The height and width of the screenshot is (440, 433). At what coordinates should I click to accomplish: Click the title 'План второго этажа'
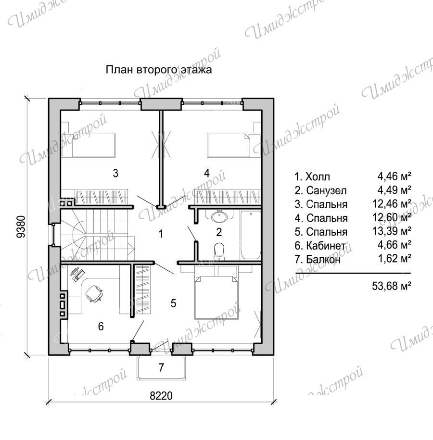coord(159,70)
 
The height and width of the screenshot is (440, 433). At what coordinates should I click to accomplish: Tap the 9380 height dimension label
coord(21,227)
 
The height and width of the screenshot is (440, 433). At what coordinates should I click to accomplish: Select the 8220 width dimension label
coord(161,396)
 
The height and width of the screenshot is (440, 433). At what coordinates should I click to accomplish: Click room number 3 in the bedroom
coord(115,173)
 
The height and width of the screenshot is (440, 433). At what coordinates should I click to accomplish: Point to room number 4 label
coord(207,173)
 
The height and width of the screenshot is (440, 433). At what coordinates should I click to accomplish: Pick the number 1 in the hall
coord(161,234)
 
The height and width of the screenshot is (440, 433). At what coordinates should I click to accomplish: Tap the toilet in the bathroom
coord(219,251)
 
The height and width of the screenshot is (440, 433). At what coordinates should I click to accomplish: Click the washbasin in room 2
coord(219,216)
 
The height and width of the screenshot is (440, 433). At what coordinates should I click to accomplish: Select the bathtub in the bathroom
coord(251,235)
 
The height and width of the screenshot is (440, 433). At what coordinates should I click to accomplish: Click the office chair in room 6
coord(94,293)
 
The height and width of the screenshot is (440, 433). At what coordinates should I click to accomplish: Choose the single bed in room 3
coord(88,145)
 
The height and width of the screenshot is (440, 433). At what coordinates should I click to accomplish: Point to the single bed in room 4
coord(234,145)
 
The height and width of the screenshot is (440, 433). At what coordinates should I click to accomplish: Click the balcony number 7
coord(161,367)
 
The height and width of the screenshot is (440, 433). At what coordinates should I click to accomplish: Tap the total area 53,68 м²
coord(392,286)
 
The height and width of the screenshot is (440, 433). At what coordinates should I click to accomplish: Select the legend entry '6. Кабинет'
coord(320,246)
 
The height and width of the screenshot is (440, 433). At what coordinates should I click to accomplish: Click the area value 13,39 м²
coord(392,231)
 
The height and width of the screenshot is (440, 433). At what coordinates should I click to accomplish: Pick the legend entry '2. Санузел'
coord(320,190)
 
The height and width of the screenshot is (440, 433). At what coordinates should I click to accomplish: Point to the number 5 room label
coord(173,303)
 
